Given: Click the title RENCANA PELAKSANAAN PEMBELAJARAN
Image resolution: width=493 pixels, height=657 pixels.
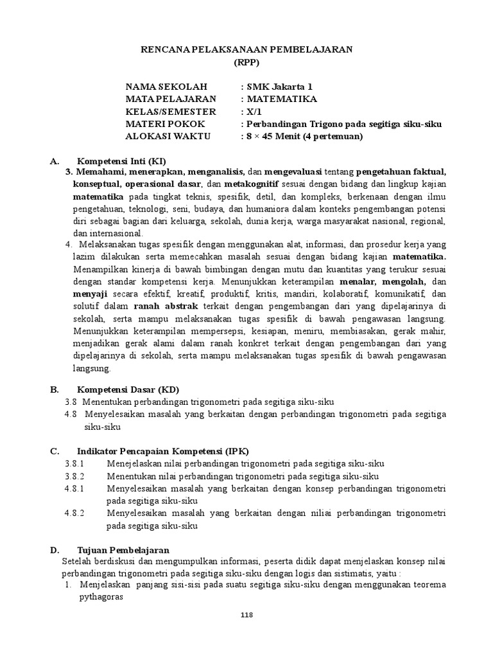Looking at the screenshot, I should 247,50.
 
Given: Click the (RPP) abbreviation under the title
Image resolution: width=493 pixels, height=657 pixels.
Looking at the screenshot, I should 247,63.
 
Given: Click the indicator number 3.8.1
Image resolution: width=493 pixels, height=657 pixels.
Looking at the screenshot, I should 74,463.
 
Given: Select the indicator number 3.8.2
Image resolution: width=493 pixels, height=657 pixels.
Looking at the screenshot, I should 74,476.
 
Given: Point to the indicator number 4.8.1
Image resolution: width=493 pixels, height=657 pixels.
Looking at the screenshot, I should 74,488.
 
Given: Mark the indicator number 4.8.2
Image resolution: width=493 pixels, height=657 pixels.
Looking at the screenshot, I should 74,513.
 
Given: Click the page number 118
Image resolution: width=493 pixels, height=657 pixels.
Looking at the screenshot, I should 247,615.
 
